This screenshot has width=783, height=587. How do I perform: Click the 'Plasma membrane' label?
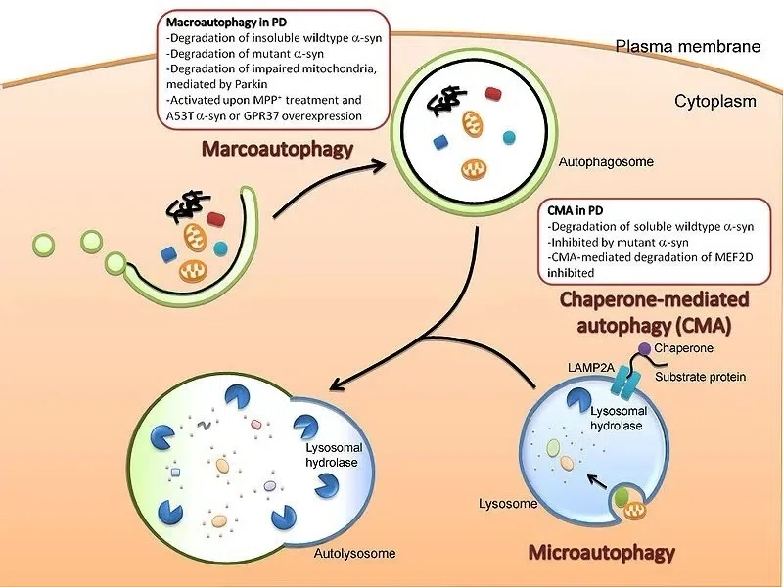tap(688, 46)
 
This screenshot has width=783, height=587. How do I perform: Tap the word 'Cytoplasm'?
tap(715, 102)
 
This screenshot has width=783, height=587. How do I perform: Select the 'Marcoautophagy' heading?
tap(277, 149)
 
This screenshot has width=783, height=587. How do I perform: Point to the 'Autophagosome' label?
tap(606, 161)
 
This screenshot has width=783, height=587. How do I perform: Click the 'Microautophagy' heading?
tap(601, 552)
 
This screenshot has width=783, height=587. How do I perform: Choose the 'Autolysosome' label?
tap(355, 553)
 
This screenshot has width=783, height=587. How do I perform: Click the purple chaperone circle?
tap(645, 348)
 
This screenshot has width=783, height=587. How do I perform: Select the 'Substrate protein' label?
tap(700, 377)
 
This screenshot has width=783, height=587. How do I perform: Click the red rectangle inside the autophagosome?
tap(493, 93)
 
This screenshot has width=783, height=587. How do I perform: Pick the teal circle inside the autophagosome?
tap(509, 137)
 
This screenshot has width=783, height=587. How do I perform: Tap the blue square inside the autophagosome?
tap(439, 142)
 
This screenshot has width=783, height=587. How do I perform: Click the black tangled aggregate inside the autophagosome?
tap(445, 101)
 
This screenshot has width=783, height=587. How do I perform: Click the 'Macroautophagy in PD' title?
tap(226, 23)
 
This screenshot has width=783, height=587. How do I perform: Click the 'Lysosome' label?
tap(508, 503)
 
